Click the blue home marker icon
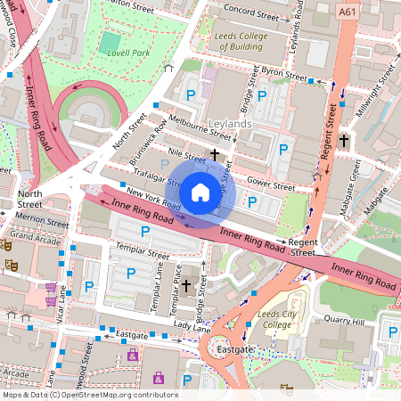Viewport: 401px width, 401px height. [x=200, y=192]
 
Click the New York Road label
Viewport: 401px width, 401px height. [x=147, y=193]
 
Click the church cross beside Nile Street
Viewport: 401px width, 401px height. [x=215, y=154]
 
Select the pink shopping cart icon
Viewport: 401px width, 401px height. [x=51, y=287]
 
